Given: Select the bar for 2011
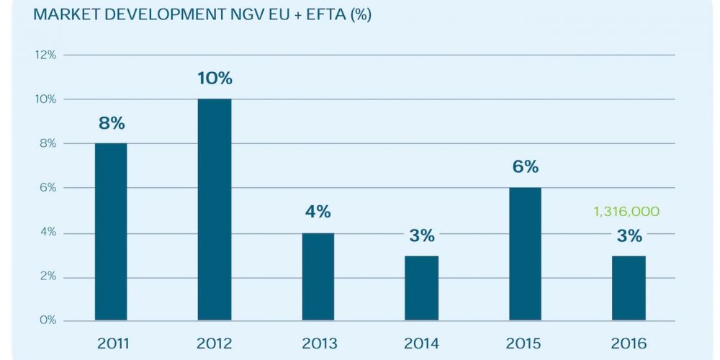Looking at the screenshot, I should coord(111,232).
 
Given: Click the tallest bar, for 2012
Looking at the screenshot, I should coord(215,210).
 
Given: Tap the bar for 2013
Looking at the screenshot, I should coord(318,276).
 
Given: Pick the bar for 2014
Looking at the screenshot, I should coord(421,288).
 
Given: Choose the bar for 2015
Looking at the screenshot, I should coord(525,254).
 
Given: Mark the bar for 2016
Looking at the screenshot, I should coord(629,288).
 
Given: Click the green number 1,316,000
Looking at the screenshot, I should coord(626,212).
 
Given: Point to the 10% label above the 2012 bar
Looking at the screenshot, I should coord(215,78).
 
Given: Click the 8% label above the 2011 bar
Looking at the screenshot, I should coord(112,123).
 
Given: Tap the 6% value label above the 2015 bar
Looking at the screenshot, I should coord(526,167).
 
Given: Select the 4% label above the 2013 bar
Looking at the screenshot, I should coord(318,212).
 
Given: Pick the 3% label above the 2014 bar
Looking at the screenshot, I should coord(422,235).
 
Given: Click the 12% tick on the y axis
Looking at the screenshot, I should coord(45,55).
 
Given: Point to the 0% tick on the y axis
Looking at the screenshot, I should coord(48,320).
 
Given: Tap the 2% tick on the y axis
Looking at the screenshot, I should coord(48,277).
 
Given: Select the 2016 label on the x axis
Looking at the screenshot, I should coord(629,343).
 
